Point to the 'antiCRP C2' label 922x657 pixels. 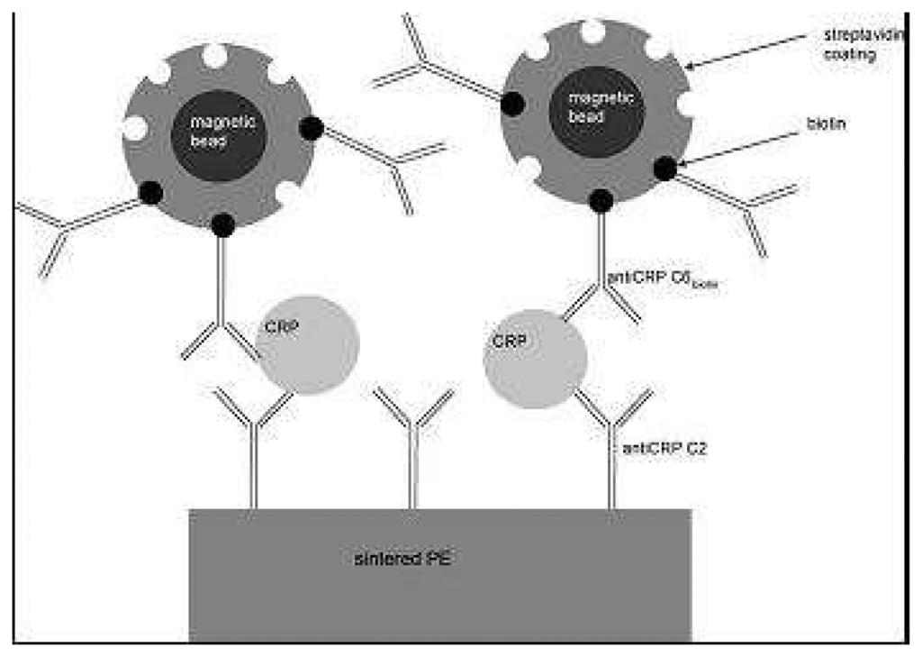pos(663,445)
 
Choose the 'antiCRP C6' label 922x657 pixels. pos(662,281)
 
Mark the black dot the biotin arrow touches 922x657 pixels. pos(664,168)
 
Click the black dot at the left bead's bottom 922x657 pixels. pos(221,224)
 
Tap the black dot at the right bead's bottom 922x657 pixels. pos(601,201)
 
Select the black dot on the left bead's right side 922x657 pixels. pos(311,130)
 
